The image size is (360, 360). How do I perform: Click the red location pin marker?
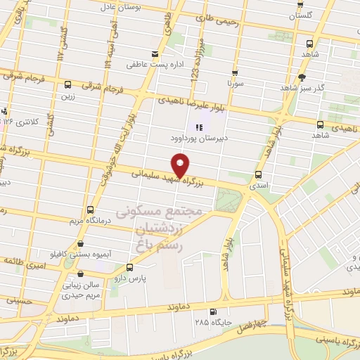pos(181,166)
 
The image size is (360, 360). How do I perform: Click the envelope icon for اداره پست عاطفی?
pos(155,53)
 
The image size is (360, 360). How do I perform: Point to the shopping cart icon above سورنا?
pos(234,72)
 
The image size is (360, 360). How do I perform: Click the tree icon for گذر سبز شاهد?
pos(302,77)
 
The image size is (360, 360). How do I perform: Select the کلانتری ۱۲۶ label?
pos(23,121)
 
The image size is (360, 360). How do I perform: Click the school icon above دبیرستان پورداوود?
pos(199,127)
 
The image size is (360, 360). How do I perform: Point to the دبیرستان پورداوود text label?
pos(199,139)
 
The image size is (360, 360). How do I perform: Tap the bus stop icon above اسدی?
pos(259,174)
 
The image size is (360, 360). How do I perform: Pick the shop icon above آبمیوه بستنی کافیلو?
pos(75,242)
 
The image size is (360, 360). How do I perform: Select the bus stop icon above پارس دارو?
pos(129,267)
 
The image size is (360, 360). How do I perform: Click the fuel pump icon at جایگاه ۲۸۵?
pos(213,311)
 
